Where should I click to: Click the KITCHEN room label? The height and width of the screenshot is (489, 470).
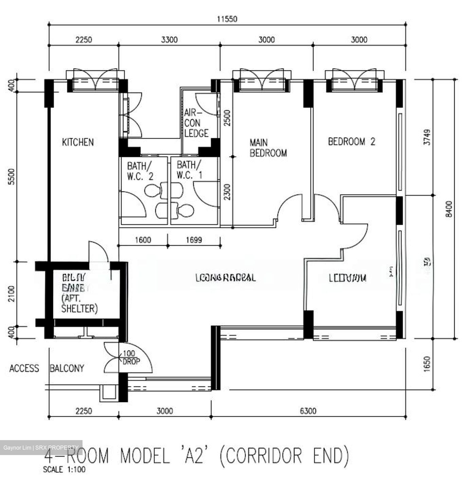[x=78, y=142]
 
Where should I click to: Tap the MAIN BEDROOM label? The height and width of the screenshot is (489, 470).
[x=268, y=148]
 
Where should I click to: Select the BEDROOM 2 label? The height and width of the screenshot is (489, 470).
[x=351, y=141]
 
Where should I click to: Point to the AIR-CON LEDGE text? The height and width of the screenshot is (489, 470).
[x=196, y=123]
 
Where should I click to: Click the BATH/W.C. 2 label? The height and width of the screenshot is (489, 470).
[x=140, y=171]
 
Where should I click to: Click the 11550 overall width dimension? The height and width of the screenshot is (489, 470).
[x=227, y=19]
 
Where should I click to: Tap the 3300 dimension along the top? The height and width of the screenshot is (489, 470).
[x=169, y=40]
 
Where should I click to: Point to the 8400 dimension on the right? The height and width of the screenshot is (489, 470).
[x=449, y=209]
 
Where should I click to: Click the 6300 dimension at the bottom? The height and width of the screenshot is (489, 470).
[x=308, y=411]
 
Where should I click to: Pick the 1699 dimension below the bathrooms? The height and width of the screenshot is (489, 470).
[x=194, y=240]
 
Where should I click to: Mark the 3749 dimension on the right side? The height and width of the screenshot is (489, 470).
[x=427, y=137]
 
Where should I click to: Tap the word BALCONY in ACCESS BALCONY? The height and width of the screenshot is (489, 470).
[x=67, y=368]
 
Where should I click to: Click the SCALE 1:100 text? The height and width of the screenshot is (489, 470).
[x=64, y=470]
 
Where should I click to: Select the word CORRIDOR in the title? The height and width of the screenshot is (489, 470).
[x=264, y=456]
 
